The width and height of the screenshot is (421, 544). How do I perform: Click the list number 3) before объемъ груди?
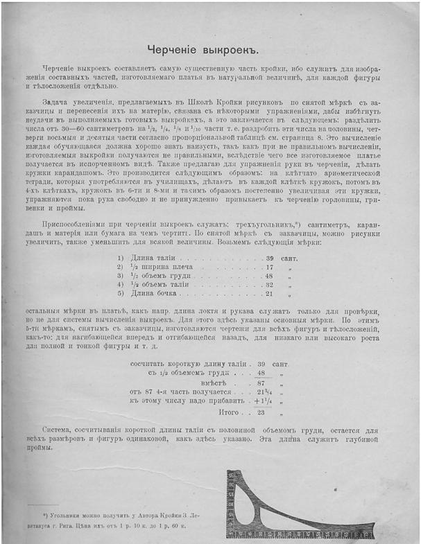click(120, 275)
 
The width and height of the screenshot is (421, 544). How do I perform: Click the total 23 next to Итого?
click(261, 412)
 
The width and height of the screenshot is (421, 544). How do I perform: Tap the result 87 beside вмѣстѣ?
click(261, 383)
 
